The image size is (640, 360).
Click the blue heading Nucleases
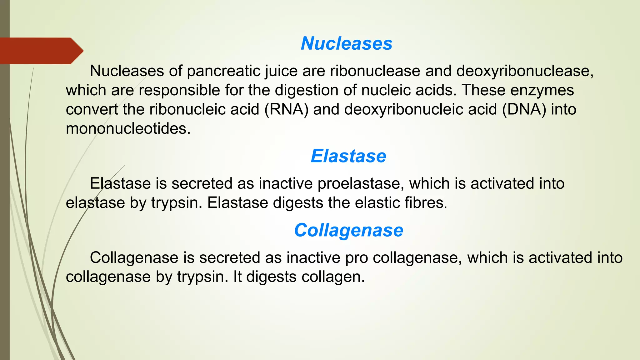(346, 43)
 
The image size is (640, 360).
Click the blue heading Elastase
(348, 156)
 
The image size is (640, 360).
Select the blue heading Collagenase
(349, 230)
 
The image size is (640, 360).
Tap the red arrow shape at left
(41, 51)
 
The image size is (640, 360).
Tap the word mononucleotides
(128, 129)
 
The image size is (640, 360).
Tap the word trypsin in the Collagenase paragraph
(202, 277)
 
